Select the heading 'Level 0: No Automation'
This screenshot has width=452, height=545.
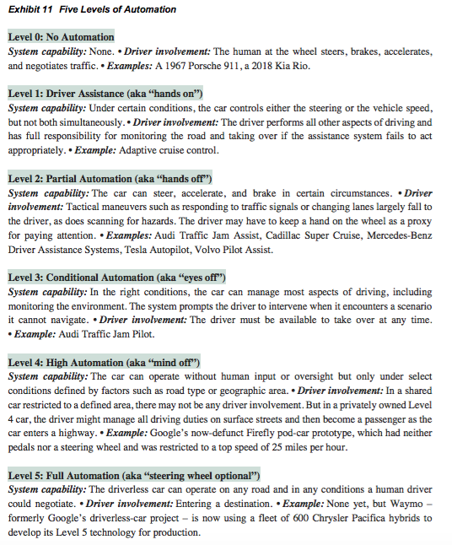[x=61, y=37]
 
